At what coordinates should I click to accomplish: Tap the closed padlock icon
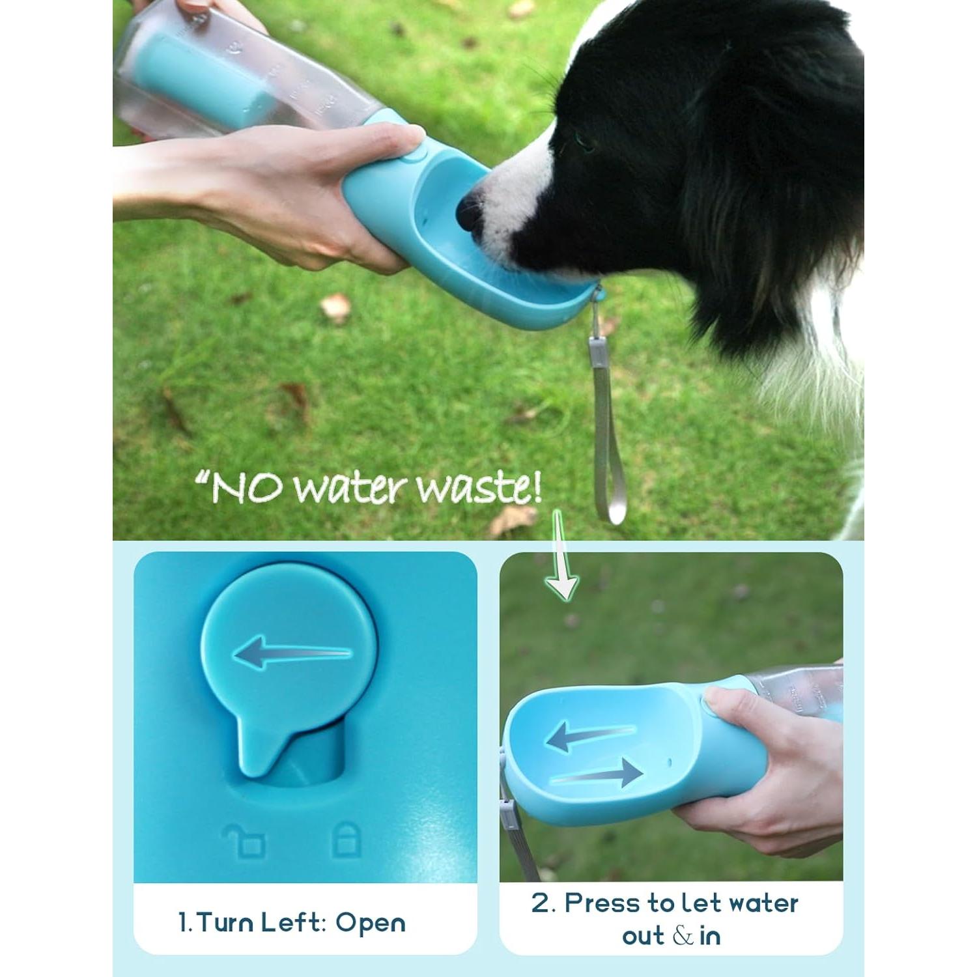tap(346, 840)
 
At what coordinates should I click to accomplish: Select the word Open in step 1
tap(370, 923)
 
